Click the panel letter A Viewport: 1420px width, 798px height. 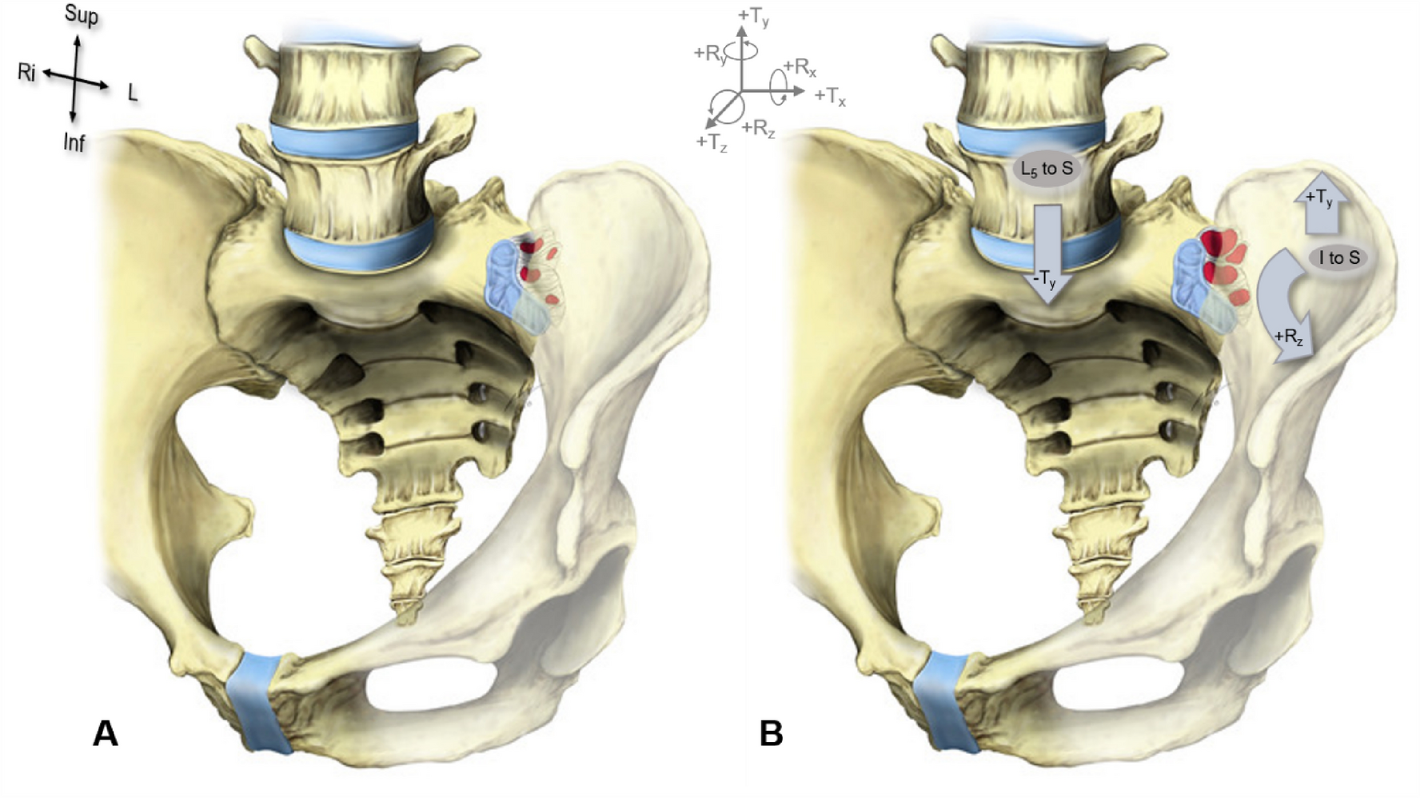pyautogui.click(x=106, y=732)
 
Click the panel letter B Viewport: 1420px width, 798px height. pyautogui.click(x=771, y=732)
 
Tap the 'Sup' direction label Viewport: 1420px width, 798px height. pyautogui.click(x=82, y=15)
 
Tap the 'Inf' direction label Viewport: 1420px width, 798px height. pyautogui.click(x=74, y=143)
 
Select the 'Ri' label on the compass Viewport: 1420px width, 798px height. pyautogui.click(x=26, y=73)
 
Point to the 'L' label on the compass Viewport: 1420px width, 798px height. pyautogui.click(x=133, y=93)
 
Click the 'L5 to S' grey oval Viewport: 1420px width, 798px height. pyautogui.click(x=1047, y=169)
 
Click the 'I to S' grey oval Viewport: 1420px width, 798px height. pyautogui.click(x=1338, y=257)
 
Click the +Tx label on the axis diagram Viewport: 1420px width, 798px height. pyautogui.click(x=831, y=97)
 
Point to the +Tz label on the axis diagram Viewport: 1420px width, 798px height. pyautogui.click(x=712, y=142)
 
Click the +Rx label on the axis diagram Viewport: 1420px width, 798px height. pyautogui.click(x=800, y=68)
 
